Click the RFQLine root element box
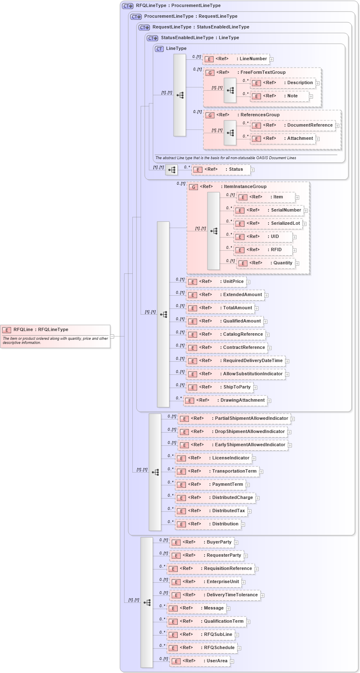point(55,336)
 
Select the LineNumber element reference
point(236,59)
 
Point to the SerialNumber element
point(269,210)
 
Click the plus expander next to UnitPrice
point(248,282)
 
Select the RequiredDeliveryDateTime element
point(235,361)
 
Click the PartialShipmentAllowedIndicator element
point(234,419)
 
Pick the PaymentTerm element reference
point(210,485)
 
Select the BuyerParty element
point(202,542)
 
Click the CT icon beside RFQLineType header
point(128,6)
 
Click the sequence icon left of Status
point(172,169)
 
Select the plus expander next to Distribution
point(243,525)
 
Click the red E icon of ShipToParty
point(193,388)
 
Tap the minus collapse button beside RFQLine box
point(112,336)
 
